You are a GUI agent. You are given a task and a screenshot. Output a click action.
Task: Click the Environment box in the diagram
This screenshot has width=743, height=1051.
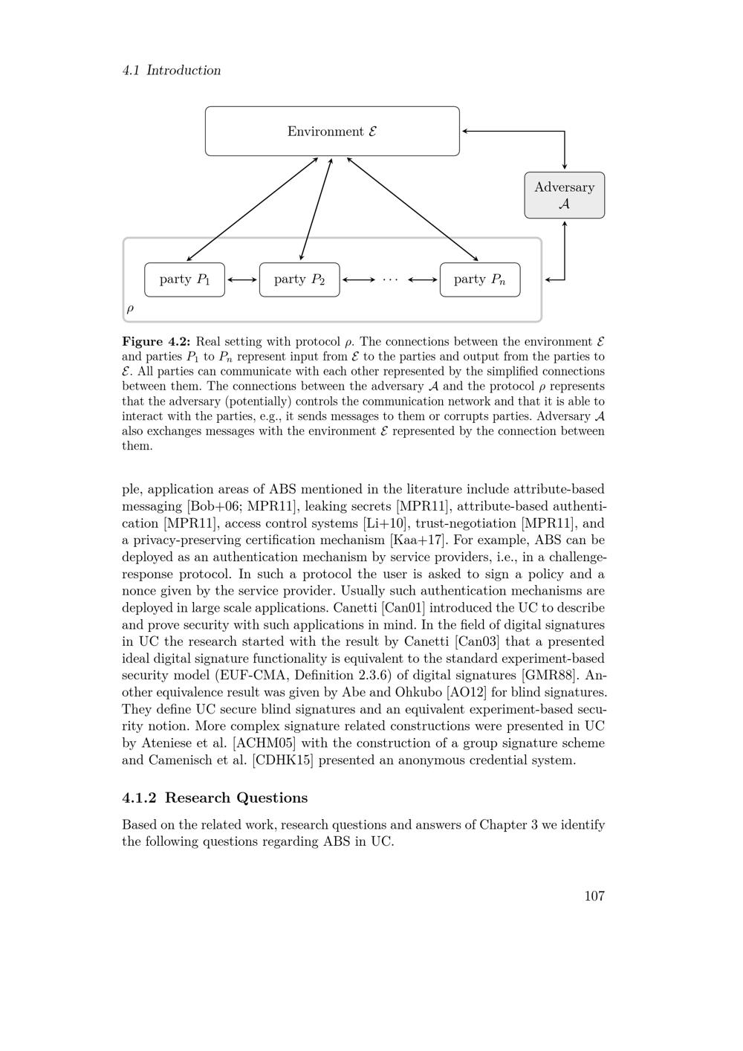332,132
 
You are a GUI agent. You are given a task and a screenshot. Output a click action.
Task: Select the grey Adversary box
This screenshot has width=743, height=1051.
565,195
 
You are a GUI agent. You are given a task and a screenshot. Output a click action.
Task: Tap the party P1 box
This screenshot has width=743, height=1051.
184,279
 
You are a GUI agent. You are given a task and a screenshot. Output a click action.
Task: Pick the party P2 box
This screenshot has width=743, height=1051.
299,279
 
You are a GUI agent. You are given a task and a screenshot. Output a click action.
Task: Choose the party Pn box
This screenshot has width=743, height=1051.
480,279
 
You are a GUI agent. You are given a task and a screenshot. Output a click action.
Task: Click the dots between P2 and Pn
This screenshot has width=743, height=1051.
390,279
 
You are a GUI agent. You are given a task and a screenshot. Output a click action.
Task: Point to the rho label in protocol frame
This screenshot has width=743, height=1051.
131,308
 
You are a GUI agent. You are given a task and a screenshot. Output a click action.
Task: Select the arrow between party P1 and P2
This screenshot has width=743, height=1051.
242,279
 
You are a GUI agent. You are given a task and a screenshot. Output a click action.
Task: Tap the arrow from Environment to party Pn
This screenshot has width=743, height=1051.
412,208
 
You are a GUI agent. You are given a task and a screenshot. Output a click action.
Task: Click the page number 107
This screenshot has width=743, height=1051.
594,896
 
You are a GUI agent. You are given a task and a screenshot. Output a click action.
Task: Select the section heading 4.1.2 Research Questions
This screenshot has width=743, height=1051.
215,798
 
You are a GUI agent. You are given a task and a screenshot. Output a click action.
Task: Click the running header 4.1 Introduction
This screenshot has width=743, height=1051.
172,71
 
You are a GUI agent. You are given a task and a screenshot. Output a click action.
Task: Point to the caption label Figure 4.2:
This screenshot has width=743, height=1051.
157,342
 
